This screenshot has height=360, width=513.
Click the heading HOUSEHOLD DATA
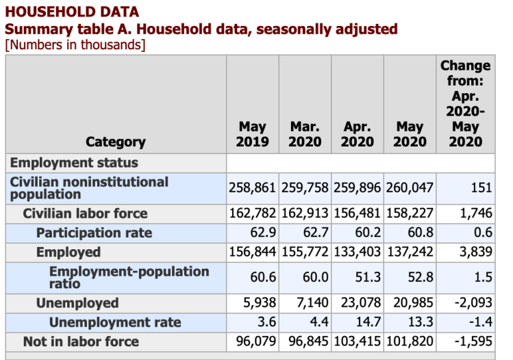71,12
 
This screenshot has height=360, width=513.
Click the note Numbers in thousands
75,45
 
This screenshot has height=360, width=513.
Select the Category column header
116,142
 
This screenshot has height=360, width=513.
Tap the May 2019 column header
252,134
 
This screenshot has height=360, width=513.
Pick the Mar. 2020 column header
305,134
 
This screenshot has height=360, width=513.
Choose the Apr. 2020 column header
358,134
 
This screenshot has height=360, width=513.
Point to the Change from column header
465,103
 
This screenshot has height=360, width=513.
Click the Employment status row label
74,163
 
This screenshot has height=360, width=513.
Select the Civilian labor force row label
85,214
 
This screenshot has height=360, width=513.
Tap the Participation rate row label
94,233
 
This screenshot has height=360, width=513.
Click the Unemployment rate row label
115,322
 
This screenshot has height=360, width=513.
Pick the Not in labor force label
81,342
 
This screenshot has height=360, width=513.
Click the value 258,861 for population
252,188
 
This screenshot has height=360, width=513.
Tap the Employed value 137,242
410,252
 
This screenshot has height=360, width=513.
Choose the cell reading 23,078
358,303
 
